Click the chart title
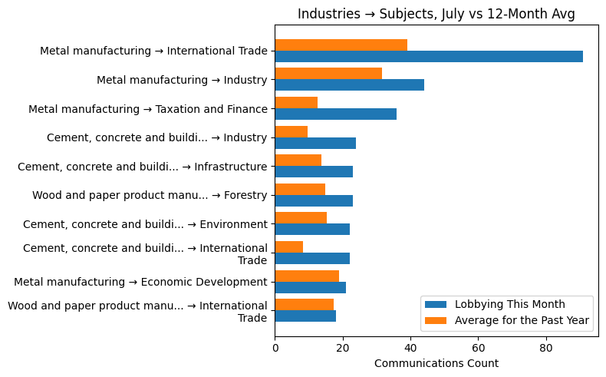pyautogui.click(x=436, y=14)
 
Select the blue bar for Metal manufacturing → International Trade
pyautogui.click(x=429, y=56)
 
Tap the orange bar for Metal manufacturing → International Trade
pyautogui.click(x=341, y=45)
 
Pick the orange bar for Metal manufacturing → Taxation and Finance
pyautogui.click(x=296, y=103)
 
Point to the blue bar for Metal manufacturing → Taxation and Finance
pyautogui.click(x=335, y=114)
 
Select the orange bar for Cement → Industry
pyautogui.click(x=291, y=132)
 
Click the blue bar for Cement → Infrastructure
pyautogui.click(x=314, y=171)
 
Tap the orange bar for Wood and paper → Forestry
pyautogui.click(x=300, y=190)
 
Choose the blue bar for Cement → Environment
pyautogui.click(x=312, y=229)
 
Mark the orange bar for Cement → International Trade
pyautogui.click(x=289, y=247)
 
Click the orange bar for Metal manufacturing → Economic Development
pyautogui.click(x=307, y=276)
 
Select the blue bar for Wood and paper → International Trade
pyautogui.click(x=305, y=316)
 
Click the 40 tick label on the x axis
pyautogui.click(x=410, y=348)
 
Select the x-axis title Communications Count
pyautogui.click(x=436, y=363)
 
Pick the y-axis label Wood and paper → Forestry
pyautogui.click(x=150, y=196)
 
